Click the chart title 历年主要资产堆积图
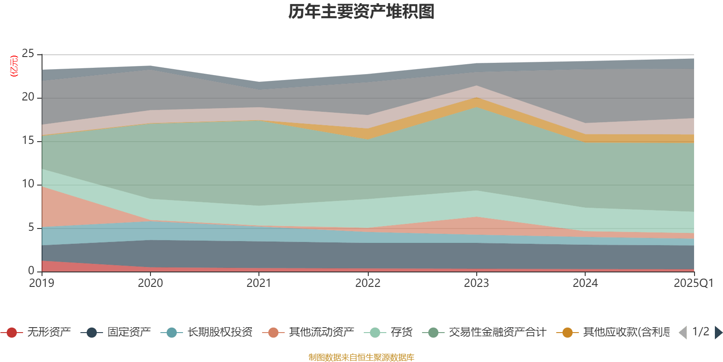coord(361,12)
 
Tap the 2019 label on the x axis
coord(42,283)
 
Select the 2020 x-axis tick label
coord(150,283)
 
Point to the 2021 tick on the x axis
coord(259,283)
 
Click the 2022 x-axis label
coord(368,283)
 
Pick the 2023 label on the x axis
coord(476,283)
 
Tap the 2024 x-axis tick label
coord(585,283)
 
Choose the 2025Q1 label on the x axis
coord(693,283)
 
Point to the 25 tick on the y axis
coord(28,54)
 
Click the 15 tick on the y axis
coord(28,141)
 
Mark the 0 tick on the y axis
coord(31,271)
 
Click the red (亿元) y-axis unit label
coord(14,66)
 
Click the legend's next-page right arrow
coord(718,333)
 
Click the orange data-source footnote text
coord(361,357)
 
